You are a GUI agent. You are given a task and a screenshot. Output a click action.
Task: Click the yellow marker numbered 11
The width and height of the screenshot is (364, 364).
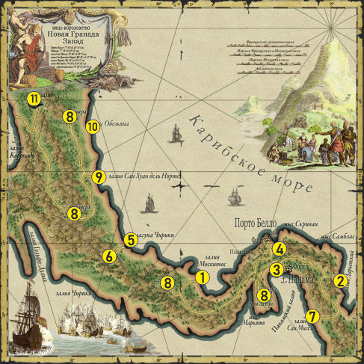pyautogui.click(x=33, y=99)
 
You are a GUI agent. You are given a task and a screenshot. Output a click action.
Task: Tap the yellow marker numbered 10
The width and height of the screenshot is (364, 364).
pyautogui.click(x=93, y=127)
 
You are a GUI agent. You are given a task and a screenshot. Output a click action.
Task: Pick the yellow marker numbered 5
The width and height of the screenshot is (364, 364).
pyautogui.click(x=130, y=240)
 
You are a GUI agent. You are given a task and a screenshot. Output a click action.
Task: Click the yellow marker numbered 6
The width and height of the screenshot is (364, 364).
pyautogui.click(x=109, y=256)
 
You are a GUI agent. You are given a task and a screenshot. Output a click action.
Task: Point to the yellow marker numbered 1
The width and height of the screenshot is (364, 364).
pyautogui.click(x=200, y=277)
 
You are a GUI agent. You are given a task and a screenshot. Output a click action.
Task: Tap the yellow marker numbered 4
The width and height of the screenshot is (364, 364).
pyautogui.click(x=279, y=249)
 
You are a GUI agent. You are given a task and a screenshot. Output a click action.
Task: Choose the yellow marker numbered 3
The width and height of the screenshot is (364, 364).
pyautogui.click(x=277, y=269)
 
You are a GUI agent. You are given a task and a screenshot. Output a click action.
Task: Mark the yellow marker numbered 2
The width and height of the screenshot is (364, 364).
pyautogui.click(x=340, y=281)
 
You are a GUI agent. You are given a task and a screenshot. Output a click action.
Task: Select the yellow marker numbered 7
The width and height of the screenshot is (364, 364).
pyautogui.click(x=312, y=315)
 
